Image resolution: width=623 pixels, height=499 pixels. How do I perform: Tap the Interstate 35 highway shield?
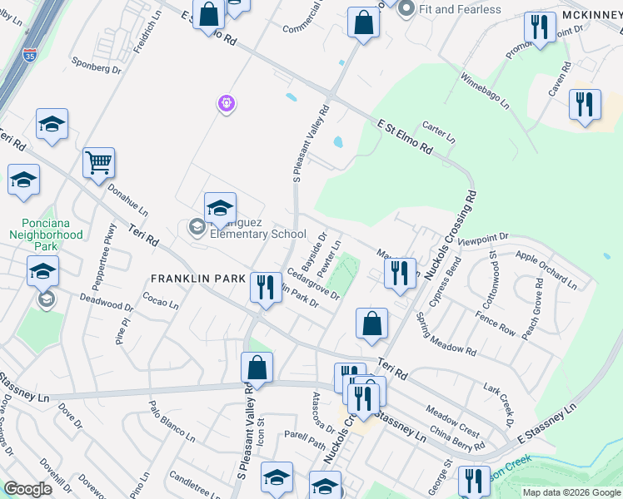(30, 56)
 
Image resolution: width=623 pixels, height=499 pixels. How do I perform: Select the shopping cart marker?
(98, 163)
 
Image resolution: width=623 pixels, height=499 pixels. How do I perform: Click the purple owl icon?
(227, 104)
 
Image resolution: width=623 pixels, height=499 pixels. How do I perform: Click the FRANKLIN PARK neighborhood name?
(197, 278)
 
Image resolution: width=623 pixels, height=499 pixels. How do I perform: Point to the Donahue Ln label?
(127, 200)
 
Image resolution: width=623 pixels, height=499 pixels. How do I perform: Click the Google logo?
(27, 489)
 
